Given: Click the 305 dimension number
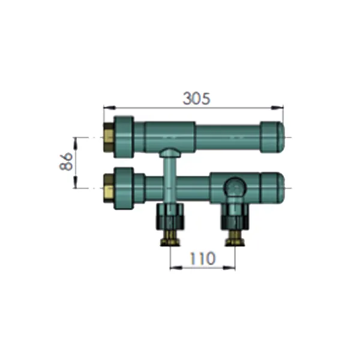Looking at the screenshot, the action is point(197,98).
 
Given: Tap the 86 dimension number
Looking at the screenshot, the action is point(66,161).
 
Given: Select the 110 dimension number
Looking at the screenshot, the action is point(203,258).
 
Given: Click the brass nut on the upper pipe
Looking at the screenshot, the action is point(109,137).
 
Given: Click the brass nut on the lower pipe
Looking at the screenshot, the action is point(109,188).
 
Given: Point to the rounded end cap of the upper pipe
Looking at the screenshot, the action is point(272,137).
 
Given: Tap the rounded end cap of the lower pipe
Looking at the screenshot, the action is point(273,188).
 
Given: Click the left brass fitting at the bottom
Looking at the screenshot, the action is point(170,238).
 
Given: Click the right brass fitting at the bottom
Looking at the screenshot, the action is point(235,238).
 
